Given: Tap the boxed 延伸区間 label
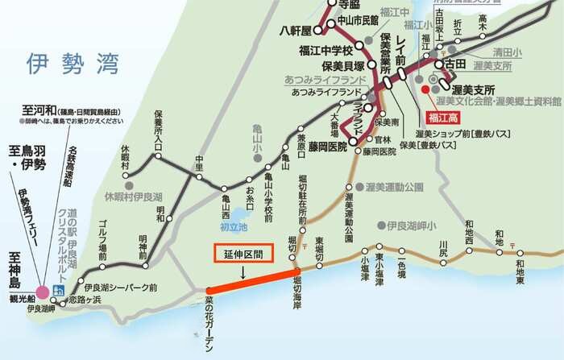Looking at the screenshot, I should pyautogui.click(x=244, y=252).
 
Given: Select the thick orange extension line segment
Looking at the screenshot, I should pyautogui.click(x=251, y=281).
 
